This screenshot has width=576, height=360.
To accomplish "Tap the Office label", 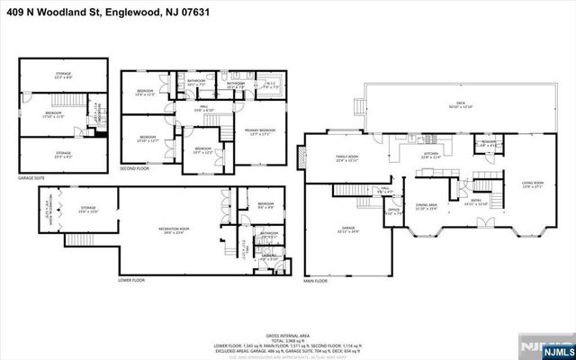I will point(393,211).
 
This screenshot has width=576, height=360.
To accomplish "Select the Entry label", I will point(477,202).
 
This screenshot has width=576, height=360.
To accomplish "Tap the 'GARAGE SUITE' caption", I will point(32,178).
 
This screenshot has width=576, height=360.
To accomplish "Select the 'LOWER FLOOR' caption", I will point(132,280).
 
